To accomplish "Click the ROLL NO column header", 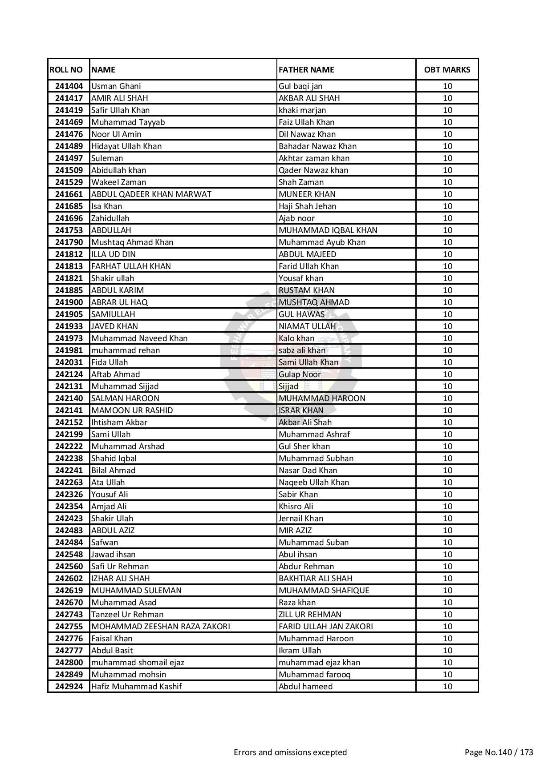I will pyautogui.click(x=66, y=70).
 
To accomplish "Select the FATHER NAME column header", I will pyautogui.click(x=306, y=70).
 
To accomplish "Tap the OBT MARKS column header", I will pyautogui.click(x=447, y=70).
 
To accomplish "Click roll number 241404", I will pyautogui.click(x=69, y=86).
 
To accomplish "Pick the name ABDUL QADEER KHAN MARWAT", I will pyautogui.click(x=151, y=194).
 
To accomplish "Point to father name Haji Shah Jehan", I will pyautogui.click(x=307, y=206).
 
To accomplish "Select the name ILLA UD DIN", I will pyautogui.click(x=114, y=254).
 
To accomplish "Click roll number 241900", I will pyautogui.click(x=69, y=302).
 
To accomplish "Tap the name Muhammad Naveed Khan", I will pyautogui.click(x=139, y=338).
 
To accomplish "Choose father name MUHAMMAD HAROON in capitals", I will pyautogui.click(x=322, y=398).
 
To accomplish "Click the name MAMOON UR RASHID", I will pyautogui.click(x=132, y=410).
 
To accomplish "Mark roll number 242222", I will pyautogui.click(x=69, y=446).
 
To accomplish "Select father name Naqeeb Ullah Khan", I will pyautogui.click(x=314, y=482).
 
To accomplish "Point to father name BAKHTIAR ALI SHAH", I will pyautogui.click(x=315, y=579).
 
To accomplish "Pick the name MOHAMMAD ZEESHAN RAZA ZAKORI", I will pyautogui.click(x=161, y=627).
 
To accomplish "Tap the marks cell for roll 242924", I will pyautogui.click(x=447, y=687).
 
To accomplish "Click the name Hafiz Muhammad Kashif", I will pyautogui.click(x=136, y=687).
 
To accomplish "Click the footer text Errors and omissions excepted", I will pyautogui.click(x=290, y=752).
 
